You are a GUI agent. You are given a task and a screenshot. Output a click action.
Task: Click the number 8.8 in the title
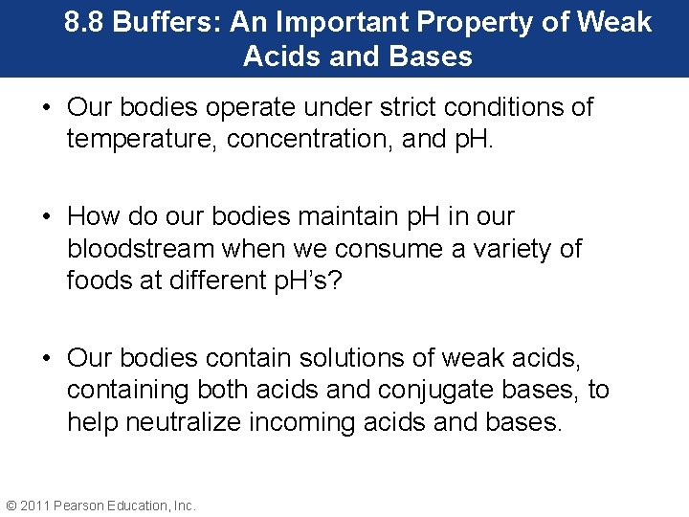[x=85, y=22]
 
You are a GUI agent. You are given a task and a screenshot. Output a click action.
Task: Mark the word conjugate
[x=471, y=390]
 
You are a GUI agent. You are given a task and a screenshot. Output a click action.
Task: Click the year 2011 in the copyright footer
[x=35, y=506]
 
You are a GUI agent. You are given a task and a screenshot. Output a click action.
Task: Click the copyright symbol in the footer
[x=11, y=506]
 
